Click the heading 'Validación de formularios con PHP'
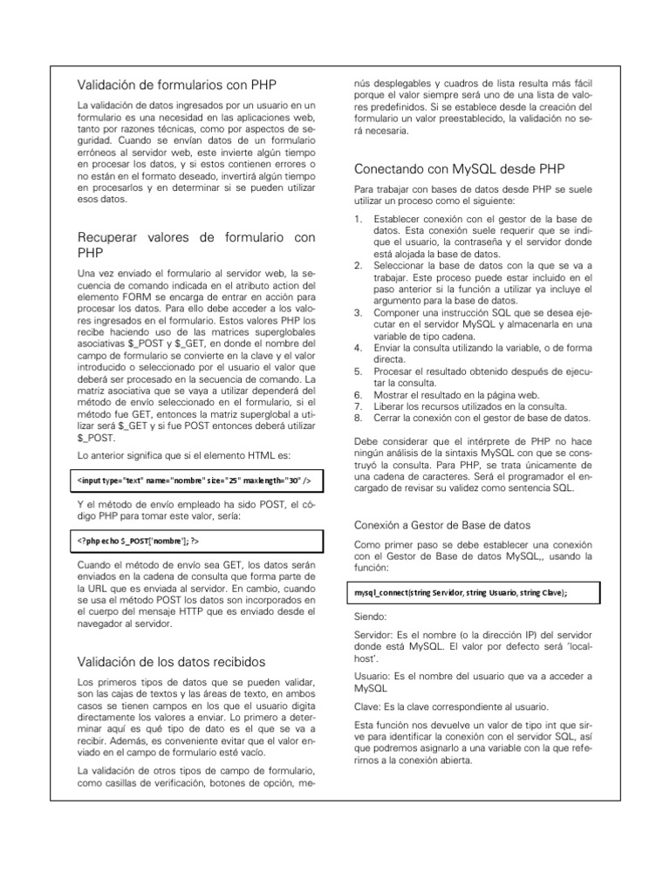pos(177,85)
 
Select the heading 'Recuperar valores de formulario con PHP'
pos(195,244)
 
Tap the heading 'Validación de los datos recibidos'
pos(171,661)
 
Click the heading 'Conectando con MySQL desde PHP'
pos(453,168)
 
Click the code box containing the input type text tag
pos(195,481)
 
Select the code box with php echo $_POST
pos(195,542)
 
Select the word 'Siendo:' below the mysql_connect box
pos(372,616)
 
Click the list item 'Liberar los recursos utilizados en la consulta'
pos(469,406)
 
